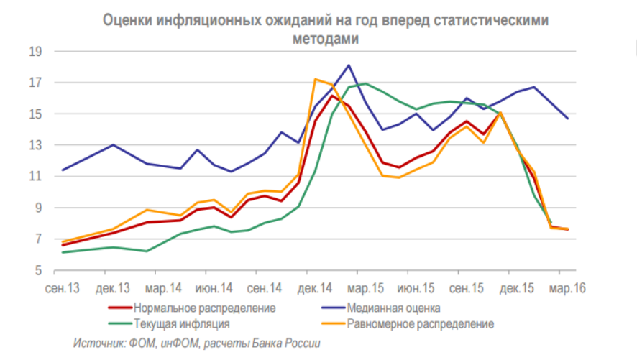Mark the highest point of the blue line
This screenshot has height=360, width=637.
click(x=349, y=65)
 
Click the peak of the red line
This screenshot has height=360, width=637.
click(x=332, y=96)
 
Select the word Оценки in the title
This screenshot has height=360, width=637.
click(x=127, y=21)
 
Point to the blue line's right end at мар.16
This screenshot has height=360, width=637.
click(x=568, y=118)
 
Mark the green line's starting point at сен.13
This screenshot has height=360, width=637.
click(x=63, y=252)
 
